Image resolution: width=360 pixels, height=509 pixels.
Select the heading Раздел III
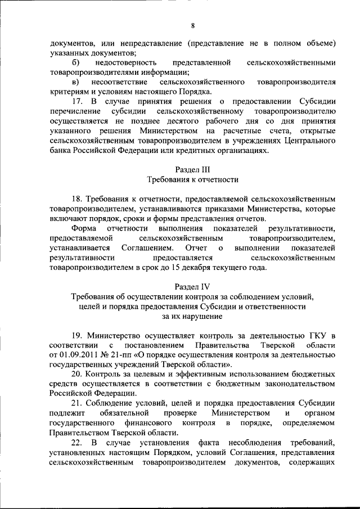192,169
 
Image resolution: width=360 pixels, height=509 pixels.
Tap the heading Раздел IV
192,286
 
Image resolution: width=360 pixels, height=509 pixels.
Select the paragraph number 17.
78,102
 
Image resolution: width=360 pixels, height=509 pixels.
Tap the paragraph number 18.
78,199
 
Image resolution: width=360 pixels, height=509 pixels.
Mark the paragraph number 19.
78,336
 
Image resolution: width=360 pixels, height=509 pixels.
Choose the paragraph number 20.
78,375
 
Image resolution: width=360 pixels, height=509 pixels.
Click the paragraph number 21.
78,403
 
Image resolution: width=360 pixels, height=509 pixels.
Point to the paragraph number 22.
78,443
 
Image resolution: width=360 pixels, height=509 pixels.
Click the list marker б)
76,62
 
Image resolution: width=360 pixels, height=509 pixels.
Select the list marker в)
76,82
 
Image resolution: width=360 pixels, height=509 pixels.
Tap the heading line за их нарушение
192,317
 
